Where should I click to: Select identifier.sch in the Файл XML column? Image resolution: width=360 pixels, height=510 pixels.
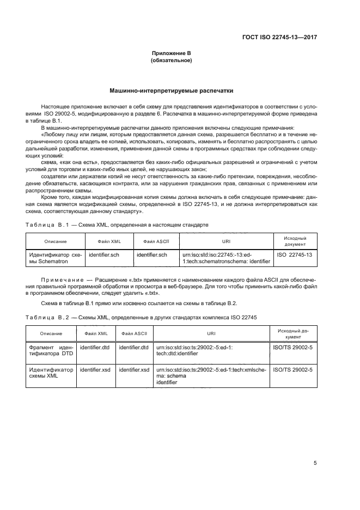[x=103, y=254]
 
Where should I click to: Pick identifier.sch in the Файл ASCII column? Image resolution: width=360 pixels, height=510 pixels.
[x=151, y=254]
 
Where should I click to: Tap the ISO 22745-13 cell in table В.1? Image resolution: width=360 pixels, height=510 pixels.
[x=295, y=254]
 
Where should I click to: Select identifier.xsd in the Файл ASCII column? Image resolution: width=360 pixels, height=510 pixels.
[x=134, y=369]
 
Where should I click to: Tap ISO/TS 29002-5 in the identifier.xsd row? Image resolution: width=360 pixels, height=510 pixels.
[x=292, y=369]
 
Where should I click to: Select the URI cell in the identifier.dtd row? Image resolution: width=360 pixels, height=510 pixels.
[x=211, y=350]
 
